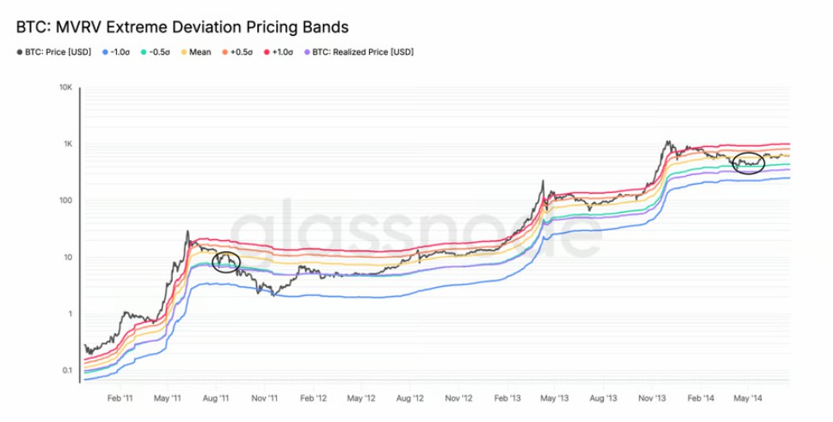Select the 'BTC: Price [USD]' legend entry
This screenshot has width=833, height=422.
click(x=58, y=52)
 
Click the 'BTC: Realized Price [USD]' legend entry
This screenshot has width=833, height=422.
click(x=362, y=52)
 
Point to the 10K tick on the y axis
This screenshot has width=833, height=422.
click(x=65, y=87)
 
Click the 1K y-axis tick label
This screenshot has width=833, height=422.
click(x=67, y=144)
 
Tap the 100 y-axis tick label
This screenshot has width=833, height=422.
click(x=65, y=201)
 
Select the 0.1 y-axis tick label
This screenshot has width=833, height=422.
click(x=66, y=371)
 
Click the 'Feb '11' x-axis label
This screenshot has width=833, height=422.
click(x=119, y=398)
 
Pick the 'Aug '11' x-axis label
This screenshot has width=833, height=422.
click(x=217, y=398)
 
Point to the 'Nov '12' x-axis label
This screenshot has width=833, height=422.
click(x=459, y=398)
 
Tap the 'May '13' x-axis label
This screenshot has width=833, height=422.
click(x=555, y=398)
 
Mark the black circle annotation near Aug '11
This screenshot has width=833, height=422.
click(x=226, y=263)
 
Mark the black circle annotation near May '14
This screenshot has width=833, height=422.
click(x=748, y=162)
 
